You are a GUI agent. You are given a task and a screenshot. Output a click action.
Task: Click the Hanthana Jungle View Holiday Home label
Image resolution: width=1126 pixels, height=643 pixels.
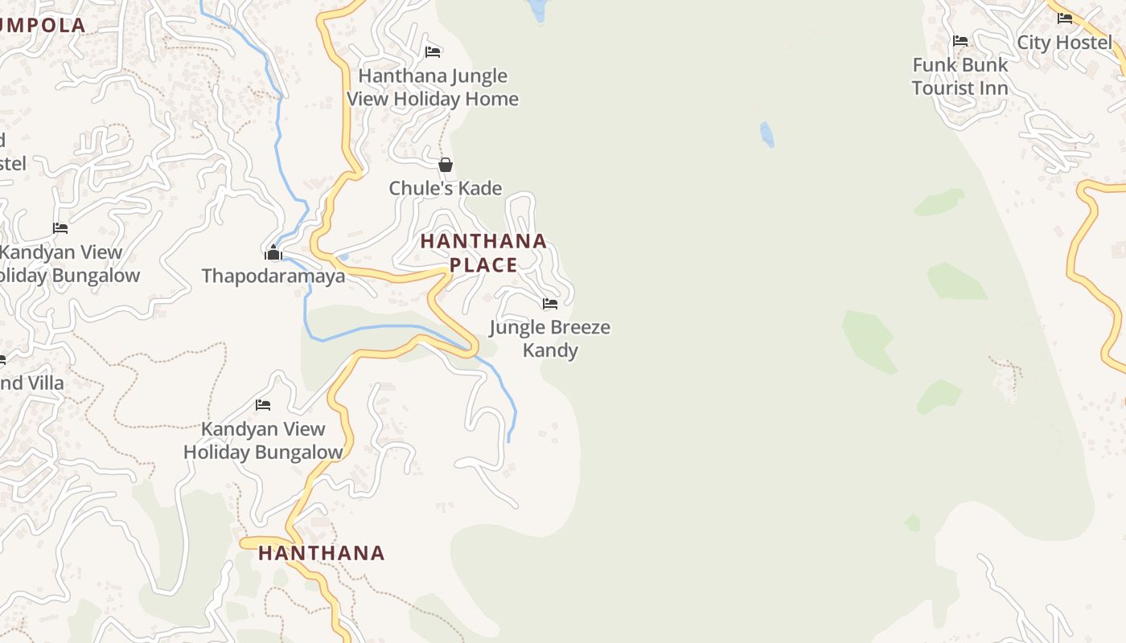click(x=433, y=88)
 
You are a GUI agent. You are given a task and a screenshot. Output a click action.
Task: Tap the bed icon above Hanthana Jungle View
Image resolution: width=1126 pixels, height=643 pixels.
click(x=433, y=52)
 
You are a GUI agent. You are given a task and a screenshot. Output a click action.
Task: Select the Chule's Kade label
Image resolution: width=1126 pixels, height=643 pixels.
click(x=446, y=188)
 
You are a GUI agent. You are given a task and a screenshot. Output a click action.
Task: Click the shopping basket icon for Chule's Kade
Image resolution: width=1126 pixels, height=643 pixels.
click(x=446, y=165)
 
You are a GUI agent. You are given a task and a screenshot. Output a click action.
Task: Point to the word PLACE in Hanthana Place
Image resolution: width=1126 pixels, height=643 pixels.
click(x=483, y=264)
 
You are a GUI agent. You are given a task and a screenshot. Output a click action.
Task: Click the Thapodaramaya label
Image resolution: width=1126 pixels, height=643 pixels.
click(x=273, y=276)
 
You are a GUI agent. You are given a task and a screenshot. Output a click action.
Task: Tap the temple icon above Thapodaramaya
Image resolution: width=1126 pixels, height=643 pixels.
click(x=273, y=253)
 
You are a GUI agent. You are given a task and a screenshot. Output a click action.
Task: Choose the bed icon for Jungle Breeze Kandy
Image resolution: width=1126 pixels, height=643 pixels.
click(x=550, y=304)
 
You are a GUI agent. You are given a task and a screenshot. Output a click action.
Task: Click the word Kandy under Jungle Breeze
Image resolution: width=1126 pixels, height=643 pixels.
click(x=550, y=350)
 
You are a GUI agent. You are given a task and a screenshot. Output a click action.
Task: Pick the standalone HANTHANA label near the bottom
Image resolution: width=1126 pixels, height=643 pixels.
click(x=322, y=553)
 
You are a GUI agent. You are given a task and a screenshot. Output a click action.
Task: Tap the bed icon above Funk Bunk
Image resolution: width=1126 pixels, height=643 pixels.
click(x=960, y=40)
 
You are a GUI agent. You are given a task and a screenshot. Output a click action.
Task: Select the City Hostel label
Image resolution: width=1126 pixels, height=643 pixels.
click(x=1064, y=42)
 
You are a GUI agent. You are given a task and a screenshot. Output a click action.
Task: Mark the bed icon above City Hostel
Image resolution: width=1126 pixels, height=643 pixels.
click(x=1065, y=18)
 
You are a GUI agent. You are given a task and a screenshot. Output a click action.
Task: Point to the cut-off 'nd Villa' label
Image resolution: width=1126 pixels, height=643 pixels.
click(x=31, y=383)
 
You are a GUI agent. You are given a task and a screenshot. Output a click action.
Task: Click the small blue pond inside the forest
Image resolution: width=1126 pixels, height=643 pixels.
click(x=767, y=134)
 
